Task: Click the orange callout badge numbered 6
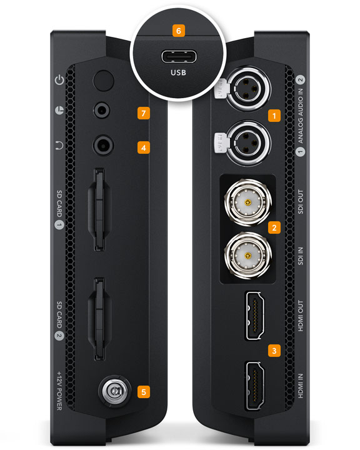coord(180,30)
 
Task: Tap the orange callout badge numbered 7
coord(144,113)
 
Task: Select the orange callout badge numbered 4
coord(144,147)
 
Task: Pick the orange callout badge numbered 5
coord(144,392)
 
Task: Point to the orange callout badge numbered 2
coord(273,227)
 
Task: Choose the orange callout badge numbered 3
coord(273,350)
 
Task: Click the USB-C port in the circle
coord(180,57)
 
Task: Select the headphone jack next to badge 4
coord(102,145)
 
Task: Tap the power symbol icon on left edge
coord(60,80)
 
